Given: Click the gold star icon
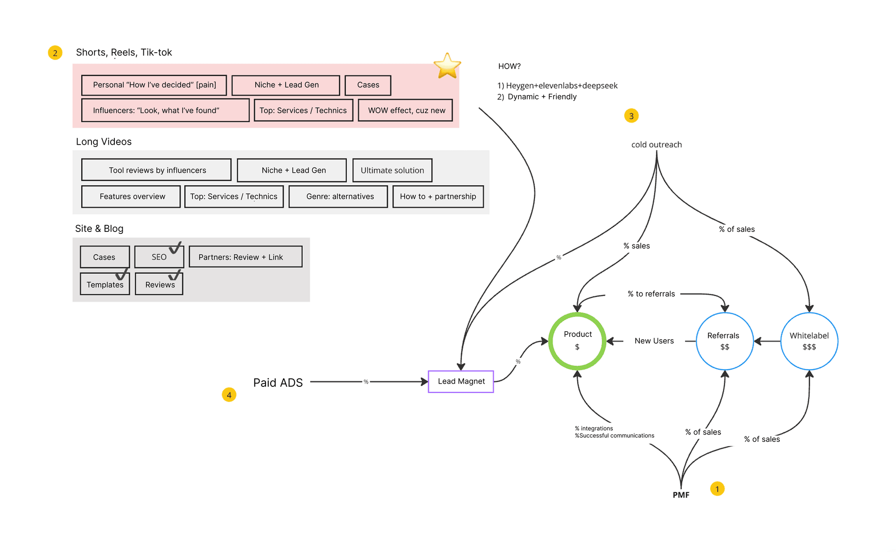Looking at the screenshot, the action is (x=447, y=66).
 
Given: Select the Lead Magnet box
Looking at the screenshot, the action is (x=461, y=382).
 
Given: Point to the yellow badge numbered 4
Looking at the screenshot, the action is (x=229, y=395).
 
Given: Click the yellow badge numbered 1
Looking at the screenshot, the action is (x=717, y=489).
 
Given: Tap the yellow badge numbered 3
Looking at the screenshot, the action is (x=631, y=116).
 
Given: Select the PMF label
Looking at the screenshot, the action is (x=681, y=495).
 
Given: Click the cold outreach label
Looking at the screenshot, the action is (x=657, y=145).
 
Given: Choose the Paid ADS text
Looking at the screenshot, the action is (x=278, y=383).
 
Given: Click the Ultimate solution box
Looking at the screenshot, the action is (x=392, y=170).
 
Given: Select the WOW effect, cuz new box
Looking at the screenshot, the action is (x=406, y=110).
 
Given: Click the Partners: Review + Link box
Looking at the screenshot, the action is (x=245, y=257).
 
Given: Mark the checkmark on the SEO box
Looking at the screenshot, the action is (x=175, y=248).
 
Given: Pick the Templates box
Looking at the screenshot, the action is (x=105, y=284).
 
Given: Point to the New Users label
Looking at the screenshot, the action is (x=654, y=341).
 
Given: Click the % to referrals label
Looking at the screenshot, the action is (x=651, y=294).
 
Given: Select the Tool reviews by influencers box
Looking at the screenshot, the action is (x=156, y=170).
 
